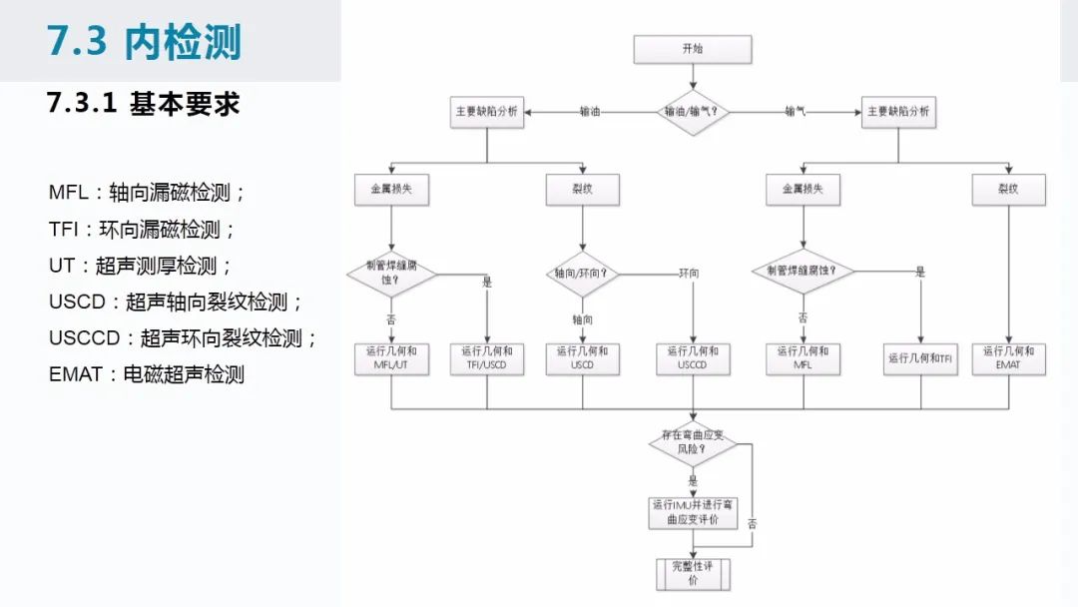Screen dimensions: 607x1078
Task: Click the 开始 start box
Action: point(692,49)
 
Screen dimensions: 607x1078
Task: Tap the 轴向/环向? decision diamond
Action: point(583,274)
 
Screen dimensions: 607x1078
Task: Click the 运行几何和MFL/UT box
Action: point(391,358)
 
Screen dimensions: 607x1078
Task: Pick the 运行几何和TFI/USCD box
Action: point(487,358)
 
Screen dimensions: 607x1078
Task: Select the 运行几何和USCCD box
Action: point(693,358)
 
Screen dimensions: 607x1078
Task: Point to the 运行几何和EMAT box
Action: point(1009,358)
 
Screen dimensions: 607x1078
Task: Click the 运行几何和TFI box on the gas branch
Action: point(921,358)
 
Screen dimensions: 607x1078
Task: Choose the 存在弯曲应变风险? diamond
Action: point(692,442)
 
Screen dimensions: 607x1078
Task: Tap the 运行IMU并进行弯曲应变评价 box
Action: point(692,512)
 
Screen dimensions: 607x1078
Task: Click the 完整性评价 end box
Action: point(692,573)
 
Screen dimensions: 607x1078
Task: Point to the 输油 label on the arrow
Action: point(590,112)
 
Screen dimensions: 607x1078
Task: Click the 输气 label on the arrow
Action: point(796,112)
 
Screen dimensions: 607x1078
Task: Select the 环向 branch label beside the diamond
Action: point(689,274)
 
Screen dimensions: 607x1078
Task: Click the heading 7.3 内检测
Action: point(145,42)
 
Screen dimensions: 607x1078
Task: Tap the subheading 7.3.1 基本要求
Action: point(144,104)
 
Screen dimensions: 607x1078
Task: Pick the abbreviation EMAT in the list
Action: point(76,374)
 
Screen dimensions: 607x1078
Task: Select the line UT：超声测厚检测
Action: point(140,267)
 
